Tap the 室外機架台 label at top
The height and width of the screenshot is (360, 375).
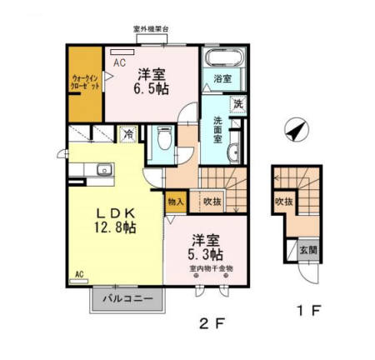[151, 30]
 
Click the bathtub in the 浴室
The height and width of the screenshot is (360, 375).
[222, 59]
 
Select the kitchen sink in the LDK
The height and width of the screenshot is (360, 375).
[104, 172]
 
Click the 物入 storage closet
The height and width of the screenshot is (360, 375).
[176, 202]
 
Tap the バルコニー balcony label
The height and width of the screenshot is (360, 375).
[127, 297]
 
